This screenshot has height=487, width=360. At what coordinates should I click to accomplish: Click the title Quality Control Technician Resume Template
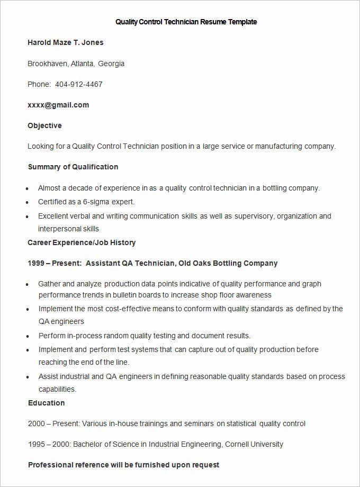coord(186,22)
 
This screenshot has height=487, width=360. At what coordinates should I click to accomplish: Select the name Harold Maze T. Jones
coord(66,42)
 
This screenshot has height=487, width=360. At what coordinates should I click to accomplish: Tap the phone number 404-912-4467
coord(79,84)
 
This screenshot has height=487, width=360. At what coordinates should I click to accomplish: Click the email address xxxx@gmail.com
coord(58,105)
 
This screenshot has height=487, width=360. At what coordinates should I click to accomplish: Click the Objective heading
coord(44,125)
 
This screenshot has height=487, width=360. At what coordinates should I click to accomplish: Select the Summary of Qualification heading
coord(73,167)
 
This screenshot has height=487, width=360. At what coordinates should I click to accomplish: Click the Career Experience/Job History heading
coord(82,242)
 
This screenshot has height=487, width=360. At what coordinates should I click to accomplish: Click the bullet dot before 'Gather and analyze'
coord(27,284)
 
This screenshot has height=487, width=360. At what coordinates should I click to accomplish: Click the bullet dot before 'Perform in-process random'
coord(27,336)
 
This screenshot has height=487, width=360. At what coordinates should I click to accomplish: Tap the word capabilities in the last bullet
coord(57,389)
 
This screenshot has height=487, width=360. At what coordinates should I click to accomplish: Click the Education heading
coord(46,403)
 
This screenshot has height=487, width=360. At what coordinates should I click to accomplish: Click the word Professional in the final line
coord(52,465)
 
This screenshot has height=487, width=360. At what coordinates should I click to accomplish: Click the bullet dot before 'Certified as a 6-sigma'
coord(27,202)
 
